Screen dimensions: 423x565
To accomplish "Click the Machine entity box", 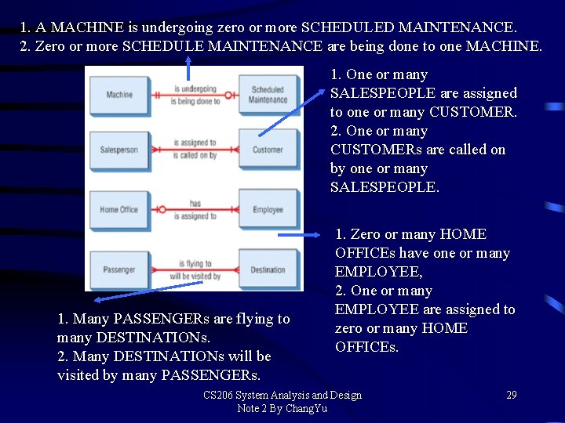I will [x=119, y=95].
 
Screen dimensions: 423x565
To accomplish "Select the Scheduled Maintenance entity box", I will [x=268, y=95].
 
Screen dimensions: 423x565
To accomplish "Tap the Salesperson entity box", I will [x=119, y=150].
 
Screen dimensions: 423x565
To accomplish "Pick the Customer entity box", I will [x=268, y=150].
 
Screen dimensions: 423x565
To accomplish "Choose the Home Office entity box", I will [x=119, y=210].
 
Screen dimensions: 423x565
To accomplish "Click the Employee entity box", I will [x=268, y=210].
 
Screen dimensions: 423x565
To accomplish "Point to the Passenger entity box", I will [x=119, y=269].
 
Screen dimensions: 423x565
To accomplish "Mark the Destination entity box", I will [x=268, y=269].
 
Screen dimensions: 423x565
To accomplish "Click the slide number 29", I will [x=511, y=395].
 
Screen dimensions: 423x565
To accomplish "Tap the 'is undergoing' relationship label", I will [x=195, y=89].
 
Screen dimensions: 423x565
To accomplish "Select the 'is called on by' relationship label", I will [x=195, y=155].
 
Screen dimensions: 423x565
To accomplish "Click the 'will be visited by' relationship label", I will [x=195, y=276].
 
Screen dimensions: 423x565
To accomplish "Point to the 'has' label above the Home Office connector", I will [x=195, y=204].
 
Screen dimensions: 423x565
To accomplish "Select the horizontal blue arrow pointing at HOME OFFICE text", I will [x=299, y=234].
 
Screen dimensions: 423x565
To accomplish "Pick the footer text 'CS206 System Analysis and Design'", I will [x=282, y=395].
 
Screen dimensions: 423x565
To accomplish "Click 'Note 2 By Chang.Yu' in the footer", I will [x=282, y=408].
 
